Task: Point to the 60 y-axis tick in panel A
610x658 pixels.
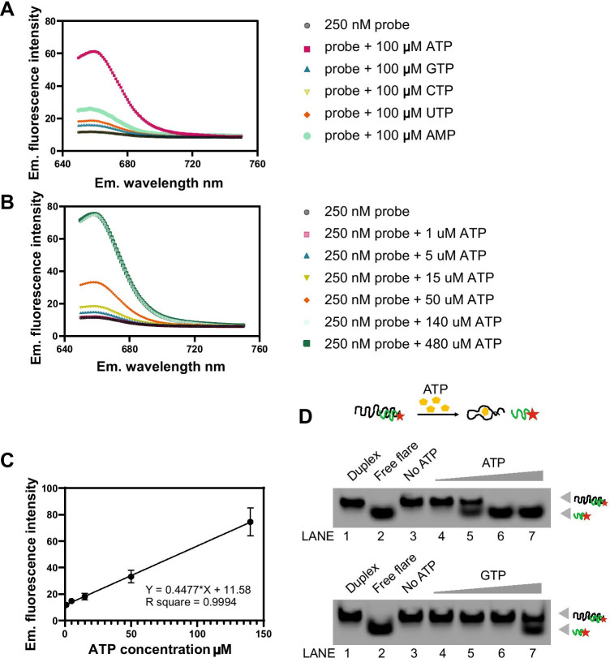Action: tap(57, 54)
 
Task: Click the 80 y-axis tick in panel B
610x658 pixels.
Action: tap(57, 206)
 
